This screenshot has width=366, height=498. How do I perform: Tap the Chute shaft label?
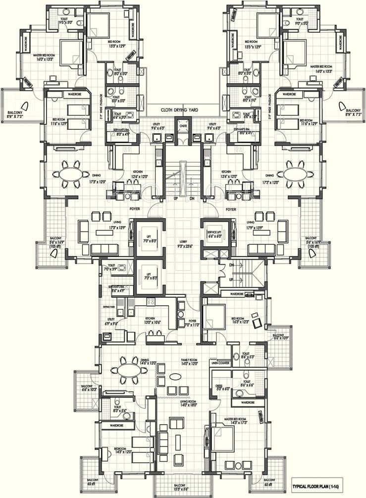[x=183, y=126]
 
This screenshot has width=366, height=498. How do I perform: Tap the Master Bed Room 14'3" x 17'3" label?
[x=235, y=421]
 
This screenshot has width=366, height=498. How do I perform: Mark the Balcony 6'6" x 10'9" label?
[x=278, y=338]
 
